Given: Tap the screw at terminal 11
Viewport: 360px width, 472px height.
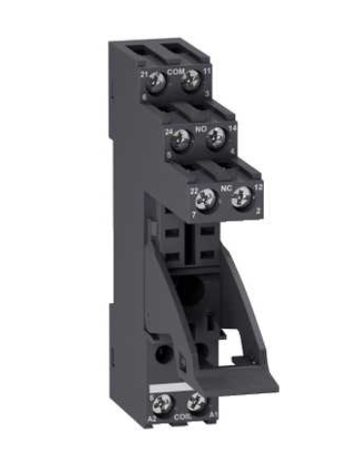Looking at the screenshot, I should (193, 81).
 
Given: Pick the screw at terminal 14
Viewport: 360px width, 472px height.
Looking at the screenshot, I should (216, 136).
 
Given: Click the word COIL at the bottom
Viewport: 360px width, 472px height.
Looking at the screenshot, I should (179, 418).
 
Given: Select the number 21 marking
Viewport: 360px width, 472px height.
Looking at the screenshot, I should (144, 74).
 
